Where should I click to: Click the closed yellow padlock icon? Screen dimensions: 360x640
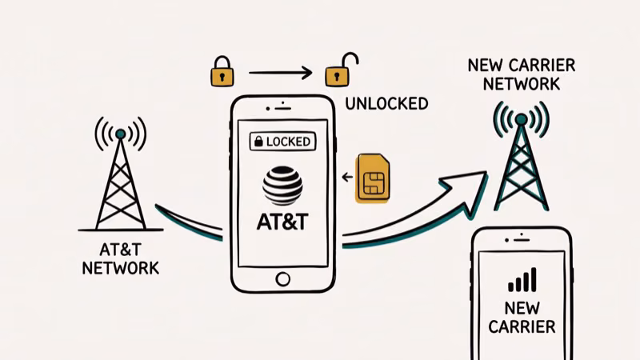pos(222,74)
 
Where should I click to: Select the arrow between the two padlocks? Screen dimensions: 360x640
pos(279,74)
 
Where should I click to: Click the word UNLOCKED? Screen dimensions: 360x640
pos(386,103)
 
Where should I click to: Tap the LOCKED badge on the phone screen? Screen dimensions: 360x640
pos(282,142)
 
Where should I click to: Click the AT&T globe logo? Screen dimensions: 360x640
pos(282,184)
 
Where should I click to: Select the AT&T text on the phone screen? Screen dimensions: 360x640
pos(282,222)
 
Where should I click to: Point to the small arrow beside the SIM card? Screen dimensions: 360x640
pos(346,177)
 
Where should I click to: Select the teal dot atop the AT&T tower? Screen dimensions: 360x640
pos(120,133)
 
